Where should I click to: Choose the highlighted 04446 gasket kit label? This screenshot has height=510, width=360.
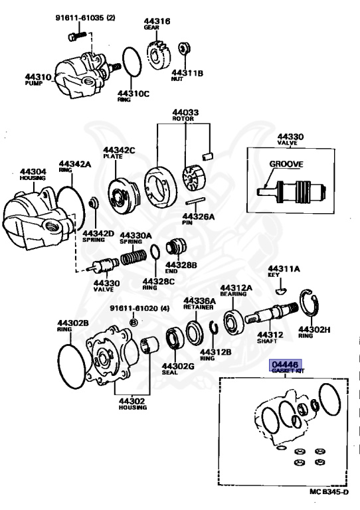285,365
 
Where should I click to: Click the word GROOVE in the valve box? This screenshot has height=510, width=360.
286,163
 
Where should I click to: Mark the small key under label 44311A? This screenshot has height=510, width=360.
281,290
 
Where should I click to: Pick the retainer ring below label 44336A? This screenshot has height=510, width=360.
197,332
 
